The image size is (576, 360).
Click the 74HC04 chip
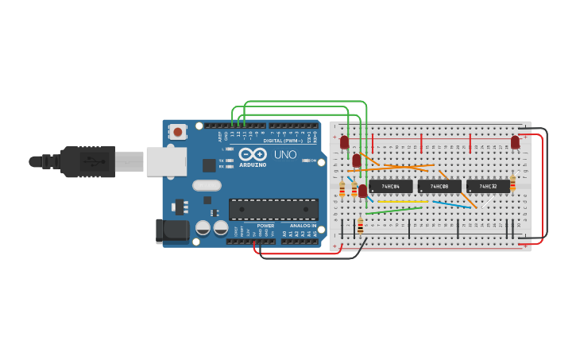390,187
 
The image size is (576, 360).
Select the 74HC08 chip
439,187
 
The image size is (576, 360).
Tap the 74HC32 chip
488,187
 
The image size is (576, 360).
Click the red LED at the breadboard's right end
515,142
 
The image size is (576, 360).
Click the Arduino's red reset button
177,132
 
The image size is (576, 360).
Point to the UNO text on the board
284,154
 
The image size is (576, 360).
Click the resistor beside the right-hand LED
512,184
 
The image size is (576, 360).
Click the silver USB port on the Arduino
166,161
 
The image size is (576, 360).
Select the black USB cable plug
87,161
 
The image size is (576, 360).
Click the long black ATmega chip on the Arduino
273,209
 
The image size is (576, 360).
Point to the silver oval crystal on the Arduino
207,185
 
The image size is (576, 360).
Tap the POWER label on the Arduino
265,226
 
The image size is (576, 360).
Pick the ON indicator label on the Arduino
313,161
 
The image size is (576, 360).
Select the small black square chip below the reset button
209,165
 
